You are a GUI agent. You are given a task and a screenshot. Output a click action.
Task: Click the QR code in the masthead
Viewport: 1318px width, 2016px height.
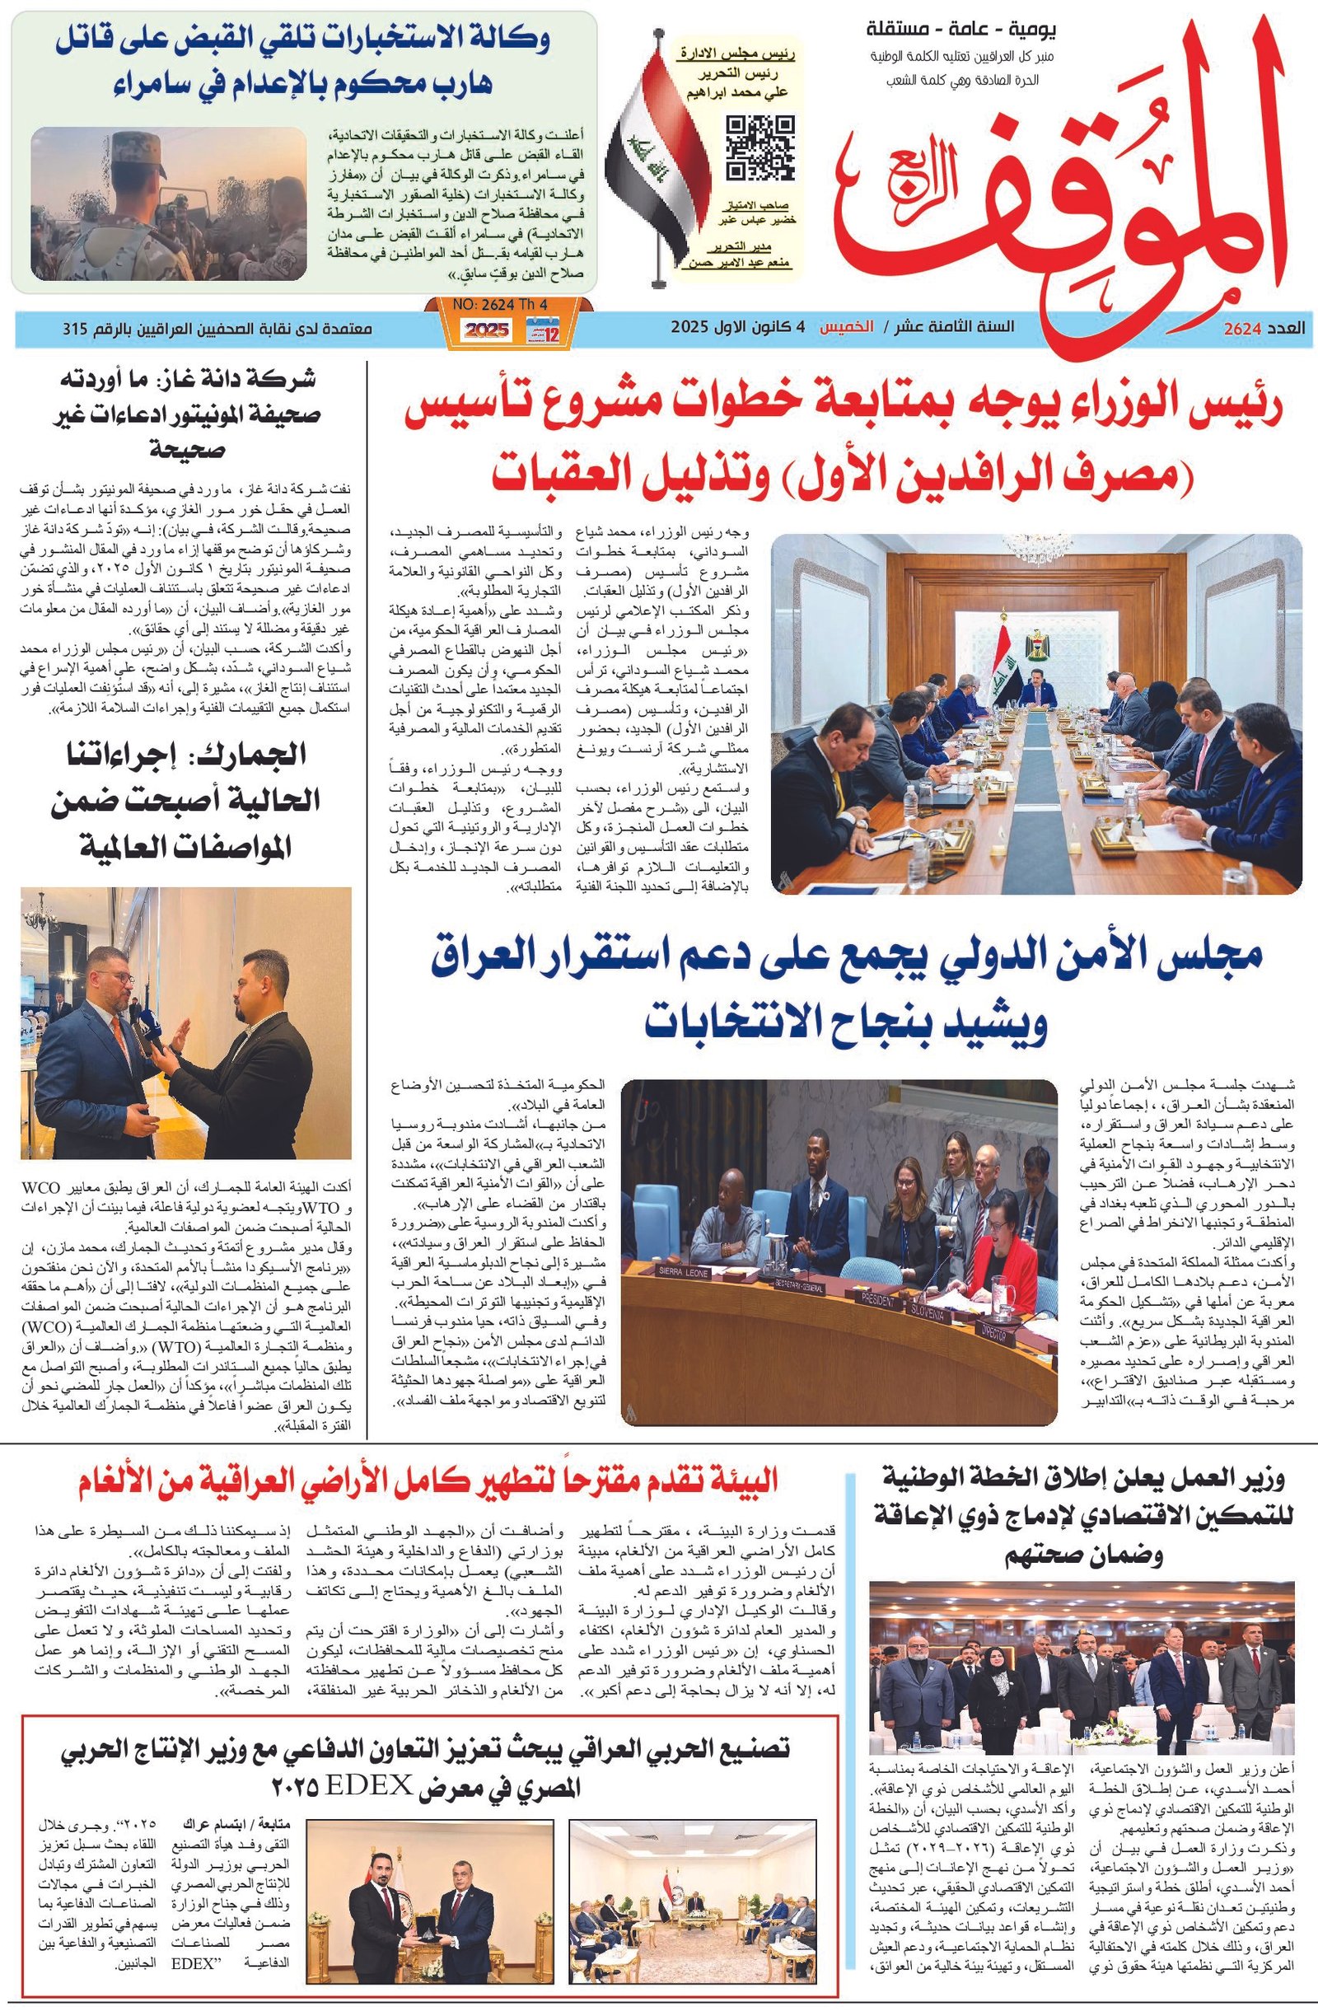click(759, 147)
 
